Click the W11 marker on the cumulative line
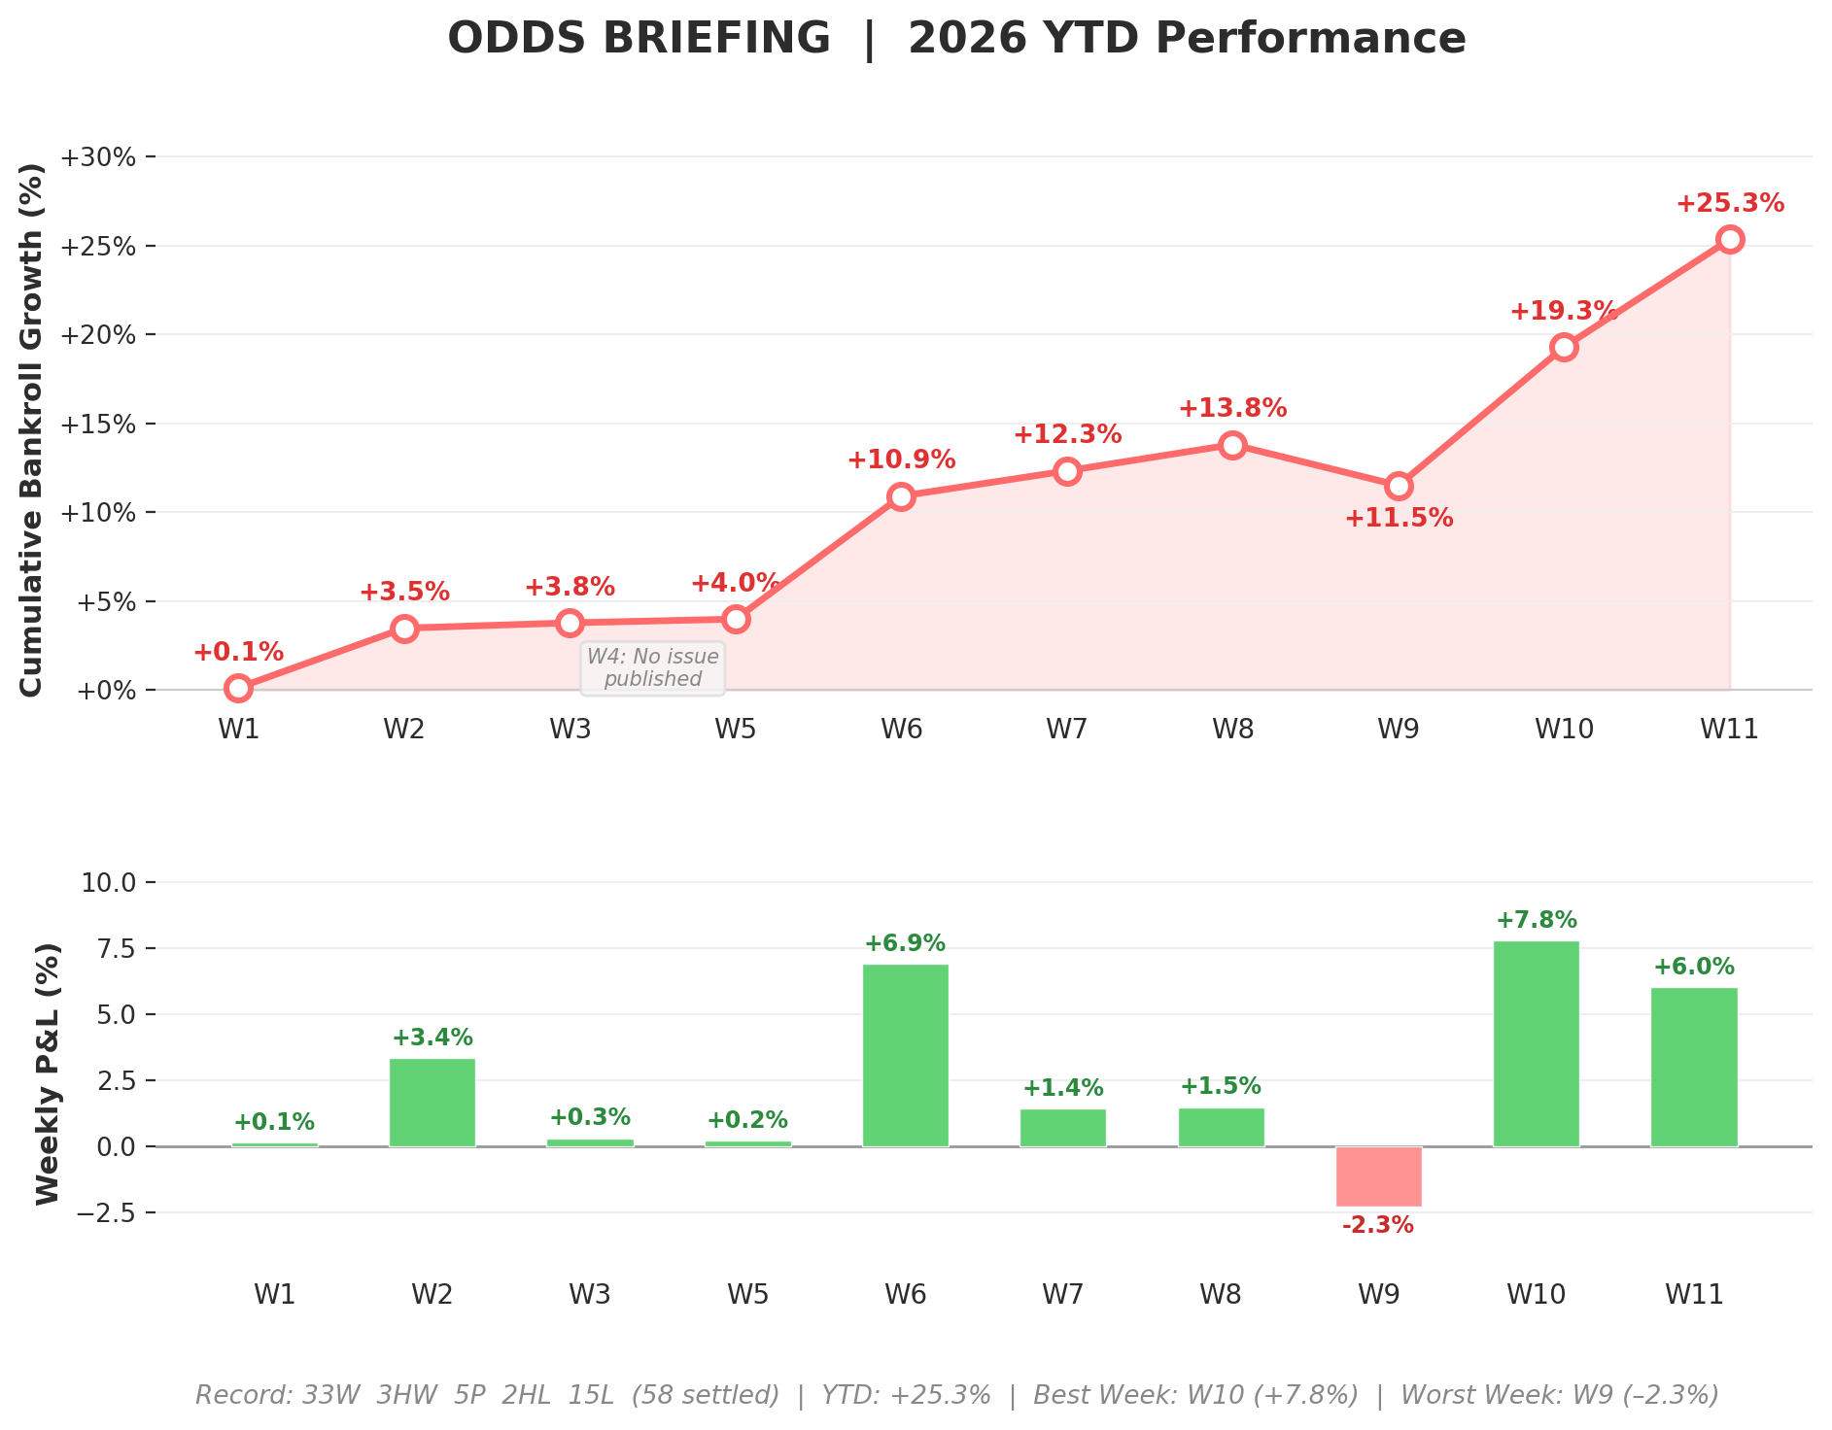1729,239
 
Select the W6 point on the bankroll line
901,496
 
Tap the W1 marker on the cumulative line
238,688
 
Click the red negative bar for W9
1378,1176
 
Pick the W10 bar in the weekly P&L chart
1536,1043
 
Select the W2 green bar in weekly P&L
432,1102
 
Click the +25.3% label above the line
1730,204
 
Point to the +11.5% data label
1399,519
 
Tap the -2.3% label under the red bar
1377,1226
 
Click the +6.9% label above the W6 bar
904,943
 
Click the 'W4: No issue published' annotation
652,667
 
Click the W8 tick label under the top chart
1232,729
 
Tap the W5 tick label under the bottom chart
747,1294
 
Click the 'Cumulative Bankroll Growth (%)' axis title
32,428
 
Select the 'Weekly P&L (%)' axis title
48,1072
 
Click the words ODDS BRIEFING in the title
639,39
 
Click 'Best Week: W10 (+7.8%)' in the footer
1194,1396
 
